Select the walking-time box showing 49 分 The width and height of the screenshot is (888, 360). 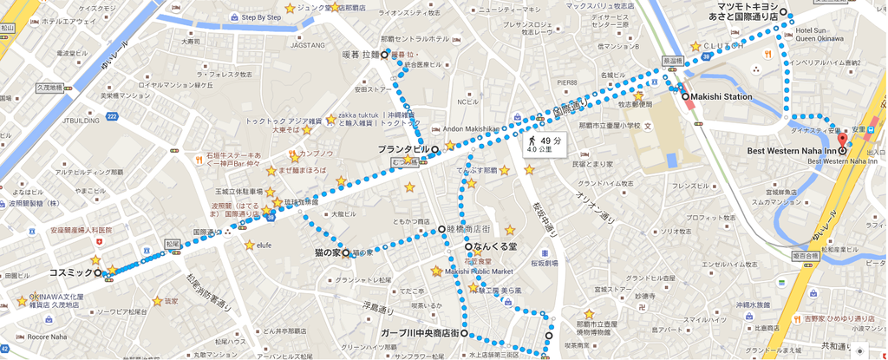[545, 144]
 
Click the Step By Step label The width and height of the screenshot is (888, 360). [261, 16]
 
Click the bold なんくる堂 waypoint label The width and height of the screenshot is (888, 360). [497, 247]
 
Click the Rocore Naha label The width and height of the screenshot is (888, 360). [47, 337]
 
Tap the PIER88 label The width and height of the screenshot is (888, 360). [567, 82]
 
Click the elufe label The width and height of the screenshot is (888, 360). [264, 245]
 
